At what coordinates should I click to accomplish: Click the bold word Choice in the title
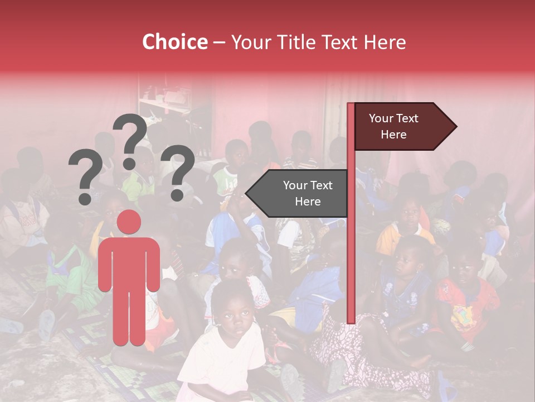coord(174,42)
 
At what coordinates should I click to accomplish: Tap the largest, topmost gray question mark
coord(130,134)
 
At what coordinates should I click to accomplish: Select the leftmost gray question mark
coord(85,173)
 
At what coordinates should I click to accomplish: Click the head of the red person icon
coord(129,222)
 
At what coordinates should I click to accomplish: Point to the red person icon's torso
coord(129,262)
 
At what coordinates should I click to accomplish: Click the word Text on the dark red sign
coord(406,118)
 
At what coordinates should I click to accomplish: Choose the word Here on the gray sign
coord(308,202)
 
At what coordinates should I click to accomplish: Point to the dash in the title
coord(219,42)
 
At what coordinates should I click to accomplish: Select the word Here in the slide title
coord(385,42)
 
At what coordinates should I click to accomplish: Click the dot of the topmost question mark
coord(129,164)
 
